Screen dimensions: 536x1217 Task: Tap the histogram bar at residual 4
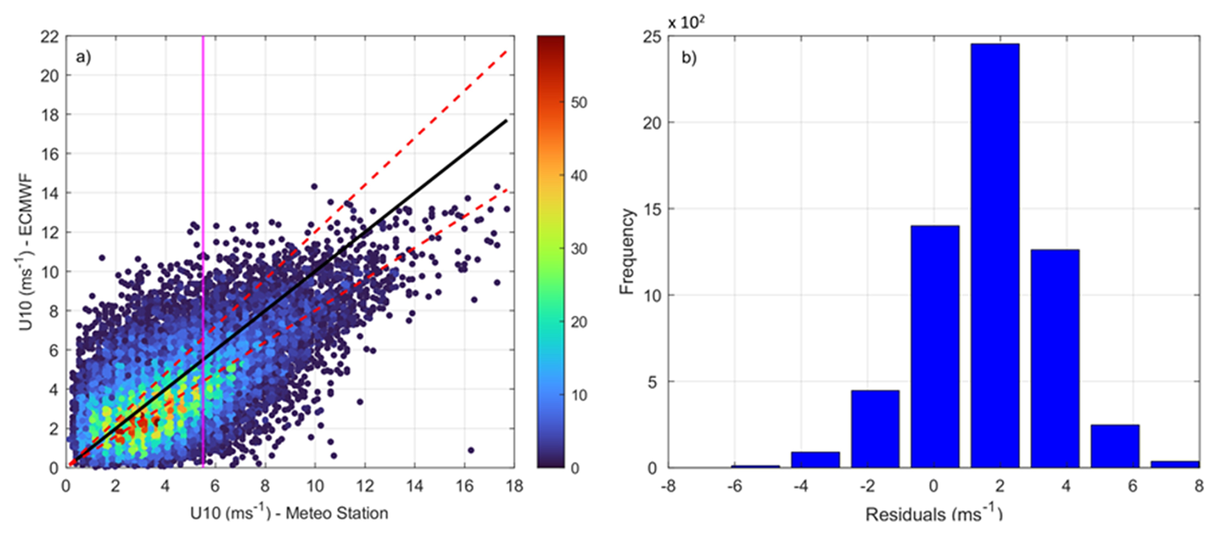tap(1054, 358)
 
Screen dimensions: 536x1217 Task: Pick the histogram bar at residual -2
tap(875, 429)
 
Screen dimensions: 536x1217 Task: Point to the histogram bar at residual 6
tap(1114, 446)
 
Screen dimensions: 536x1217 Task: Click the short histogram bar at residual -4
tap(815, 459)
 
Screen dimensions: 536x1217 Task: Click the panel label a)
tap(84, 57)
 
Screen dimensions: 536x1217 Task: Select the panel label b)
tap(689, 58)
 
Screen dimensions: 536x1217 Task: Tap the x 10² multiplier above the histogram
tap(686, 22)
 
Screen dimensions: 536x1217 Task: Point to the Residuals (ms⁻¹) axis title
tap(933, 514)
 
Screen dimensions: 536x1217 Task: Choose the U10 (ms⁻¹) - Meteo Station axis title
tap(289, 513)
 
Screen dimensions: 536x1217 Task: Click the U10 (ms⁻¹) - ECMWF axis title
tap(26, 252)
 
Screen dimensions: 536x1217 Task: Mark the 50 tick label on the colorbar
tap(578, 102)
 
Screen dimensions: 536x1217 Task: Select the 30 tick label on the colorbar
tap(578, 248)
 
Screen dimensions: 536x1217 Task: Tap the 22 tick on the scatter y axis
tap(49, 37)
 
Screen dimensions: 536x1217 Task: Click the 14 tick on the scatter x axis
tap(415, 486)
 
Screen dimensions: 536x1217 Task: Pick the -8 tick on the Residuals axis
tap(668, 486)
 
